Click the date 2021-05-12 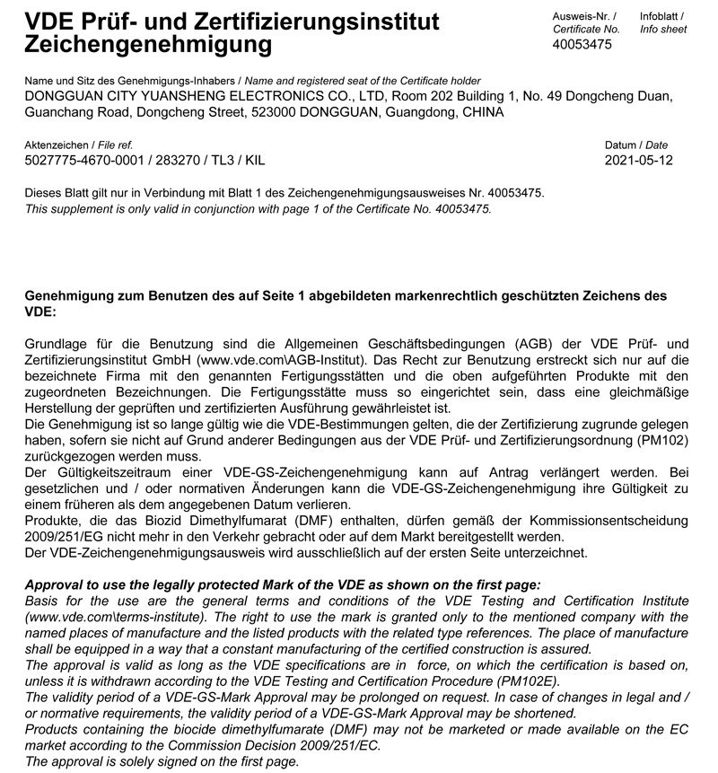click(x=638, y=161)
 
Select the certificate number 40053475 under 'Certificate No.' click(x=582, y=44)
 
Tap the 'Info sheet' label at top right click(x=663, y=30)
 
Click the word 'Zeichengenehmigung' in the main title click(x=147, y=43)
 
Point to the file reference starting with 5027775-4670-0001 click(x=144, y=161)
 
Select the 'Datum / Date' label click(x=636, y=145)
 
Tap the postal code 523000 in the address click(x=271, y=112)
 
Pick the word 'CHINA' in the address click(x=482, y=112)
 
